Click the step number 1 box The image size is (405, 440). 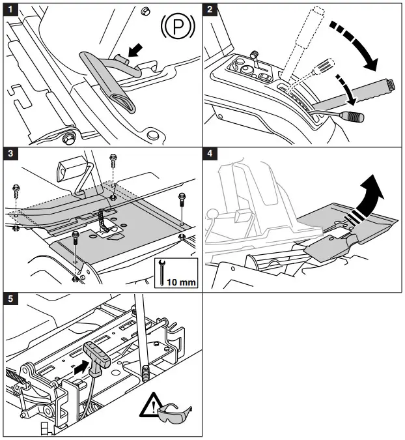(x=9, y=9)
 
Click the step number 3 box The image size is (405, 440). (x=9, y=154)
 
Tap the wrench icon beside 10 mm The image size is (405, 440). (x=161, y=273)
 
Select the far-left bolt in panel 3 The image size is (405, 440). (x=16, y=194)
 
